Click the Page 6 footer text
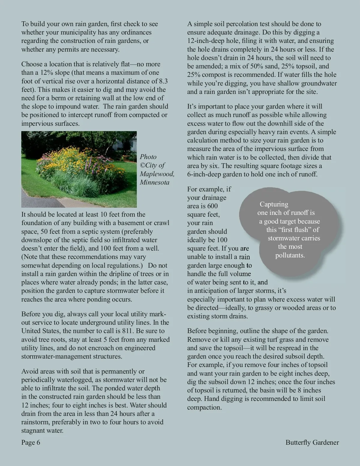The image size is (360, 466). click(31, 442)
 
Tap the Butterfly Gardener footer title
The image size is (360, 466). click(312, 442)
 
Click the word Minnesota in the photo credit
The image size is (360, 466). click(154, 182)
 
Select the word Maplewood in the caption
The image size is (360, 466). click(157, 174)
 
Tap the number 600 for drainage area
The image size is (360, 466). click(212, 206)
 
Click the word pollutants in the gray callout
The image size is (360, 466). click(290, 255)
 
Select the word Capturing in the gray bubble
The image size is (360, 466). click(274, 204)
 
